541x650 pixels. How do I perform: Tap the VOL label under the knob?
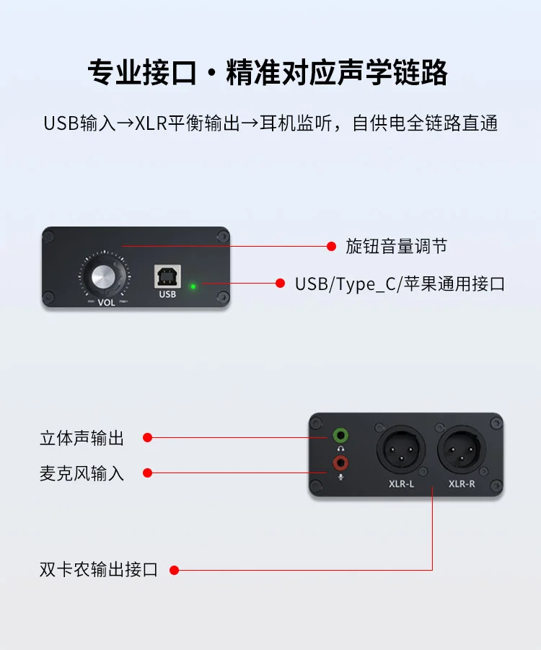pyautogui.click(x=106, y=302)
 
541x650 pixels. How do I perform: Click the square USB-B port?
pyautogui.click(x=167, y=276)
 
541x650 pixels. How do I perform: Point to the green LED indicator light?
pyautogui.click(x=193, y=286)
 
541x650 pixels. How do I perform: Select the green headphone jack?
pyautogui.click(x=340, y=436)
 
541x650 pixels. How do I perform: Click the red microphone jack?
pyautogui.click(x=340, y=462)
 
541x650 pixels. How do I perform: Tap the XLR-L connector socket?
pyautogui.click(x=401, y=449)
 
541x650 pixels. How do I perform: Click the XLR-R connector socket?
pyautogui.click(x=462, y=449)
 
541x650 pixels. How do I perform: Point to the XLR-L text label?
pyautogui.click(x=401, y=484)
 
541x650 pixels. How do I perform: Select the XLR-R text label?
pyautogui.click(x=462, y=484)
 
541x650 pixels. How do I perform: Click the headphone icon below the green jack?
pyautogui.click(x=340, y=449)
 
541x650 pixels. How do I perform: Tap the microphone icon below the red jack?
pyautogui.click(x=340, y=477)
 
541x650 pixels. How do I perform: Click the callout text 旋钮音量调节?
pyautogui.click(x=396, y=246)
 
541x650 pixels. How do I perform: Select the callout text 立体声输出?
pyautogui.click(x=82, y=438)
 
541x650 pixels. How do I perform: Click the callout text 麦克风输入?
pyautogui.click(x=82, y=473)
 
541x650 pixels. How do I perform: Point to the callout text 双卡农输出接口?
pyautogui.click(x=99, y=570)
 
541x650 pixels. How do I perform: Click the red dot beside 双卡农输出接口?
pyautogui.click(x=174, y=571)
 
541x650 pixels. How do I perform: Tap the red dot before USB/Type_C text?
pyautogui.click(x=281, y=283)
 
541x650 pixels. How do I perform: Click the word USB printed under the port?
pyautogui.click(x=167, y=294)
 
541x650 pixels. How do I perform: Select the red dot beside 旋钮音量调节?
pyautogui.click(x=331, y=246)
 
